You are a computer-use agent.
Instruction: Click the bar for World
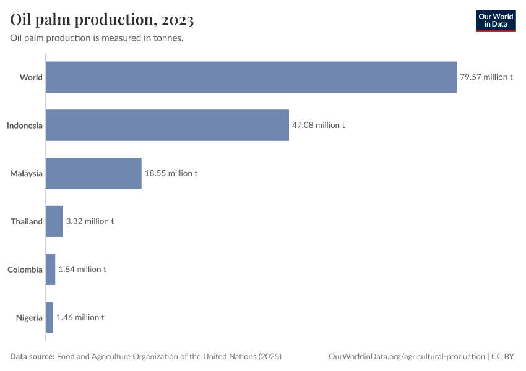pyautogui.click(x=251, y=77)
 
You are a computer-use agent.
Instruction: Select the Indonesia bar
pyautogui.click(x=167, y=125)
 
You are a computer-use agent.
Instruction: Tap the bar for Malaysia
pyautogui.click(x=93, y=173)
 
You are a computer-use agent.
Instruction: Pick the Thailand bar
pyautogui.click(x=54, y=221)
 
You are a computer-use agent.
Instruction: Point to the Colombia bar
pyautogui.click(x=51, y=270)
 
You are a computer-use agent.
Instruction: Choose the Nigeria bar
pyautogui.click(x=50, y=317)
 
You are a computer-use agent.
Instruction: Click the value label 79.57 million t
pyautogui.click(x=486, y=77)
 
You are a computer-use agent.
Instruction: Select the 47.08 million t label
pyautogui.click(x=318, y=125)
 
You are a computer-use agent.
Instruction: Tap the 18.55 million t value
pyautogui.click(x=171, y=173)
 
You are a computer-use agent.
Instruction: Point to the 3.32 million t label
pyautogui.click(x=90, y=221)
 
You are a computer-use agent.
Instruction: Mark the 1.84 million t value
pyautogui.click(x=82, y=270)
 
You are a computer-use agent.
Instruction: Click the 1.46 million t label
pyautogui.click(x=80, y=317)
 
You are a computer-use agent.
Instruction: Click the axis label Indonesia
pyautogui.click(x=25, y=126)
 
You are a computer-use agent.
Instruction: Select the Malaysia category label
pyautogui.click(x=27, y=174)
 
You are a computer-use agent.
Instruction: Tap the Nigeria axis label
pyautogui.click(x=30, y=318)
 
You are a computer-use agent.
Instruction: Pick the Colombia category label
pyautogui.click(x=25, y=270)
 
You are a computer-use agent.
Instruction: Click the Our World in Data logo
pyautogui.click(x=496, y=20)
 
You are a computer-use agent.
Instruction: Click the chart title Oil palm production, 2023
pyautogui.click(x=102, y=20)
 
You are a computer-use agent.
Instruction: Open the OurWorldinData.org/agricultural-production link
pyautogui.click(x=407, y=357)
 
